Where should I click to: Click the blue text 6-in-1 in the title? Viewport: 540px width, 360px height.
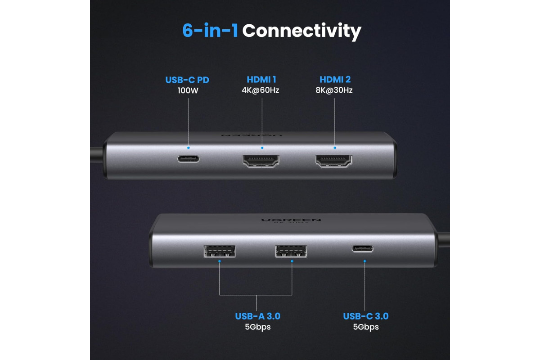tap(210, 31)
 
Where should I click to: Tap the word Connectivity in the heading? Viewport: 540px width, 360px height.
tap(301, 31)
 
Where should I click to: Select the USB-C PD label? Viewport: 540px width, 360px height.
tap(187, 80)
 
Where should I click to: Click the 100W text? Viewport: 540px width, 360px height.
tap(188, 90)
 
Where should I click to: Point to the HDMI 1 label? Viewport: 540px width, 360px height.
tap(261, 79)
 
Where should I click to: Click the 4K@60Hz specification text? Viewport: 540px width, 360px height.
tap(261, 90)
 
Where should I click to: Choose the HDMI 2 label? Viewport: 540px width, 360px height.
tap(335, 79)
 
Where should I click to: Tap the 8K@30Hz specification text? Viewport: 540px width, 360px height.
tap(334, 90)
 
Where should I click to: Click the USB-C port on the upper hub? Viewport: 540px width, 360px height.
tap(188, 159)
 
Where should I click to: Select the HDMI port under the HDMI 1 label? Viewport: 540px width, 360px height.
tap(261, 161)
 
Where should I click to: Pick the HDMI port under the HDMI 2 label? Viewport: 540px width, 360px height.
tap(334, 161)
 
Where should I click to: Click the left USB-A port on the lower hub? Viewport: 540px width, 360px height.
tap(220, 252)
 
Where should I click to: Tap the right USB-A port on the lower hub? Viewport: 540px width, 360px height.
tap(291, 252)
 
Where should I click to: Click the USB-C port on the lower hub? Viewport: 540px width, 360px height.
tap(363, 248)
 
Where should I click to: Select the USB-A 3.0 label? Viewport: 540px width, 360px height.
tap(258, 316)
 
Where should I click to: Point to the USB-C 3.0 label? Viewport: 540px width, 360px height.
tap(366, 316)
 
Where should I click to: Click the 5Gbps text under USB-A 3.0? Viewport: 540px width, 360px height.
tap(258, 327)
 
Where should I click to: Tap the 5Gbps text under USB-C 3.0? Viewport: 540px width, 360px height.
tap(366, 327)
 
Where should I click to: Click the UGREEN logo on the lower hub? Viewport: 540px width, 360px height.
tap(291, 220)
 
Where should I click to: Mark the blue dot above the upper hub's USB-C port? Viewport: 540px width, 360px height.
tap(188, 148)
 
